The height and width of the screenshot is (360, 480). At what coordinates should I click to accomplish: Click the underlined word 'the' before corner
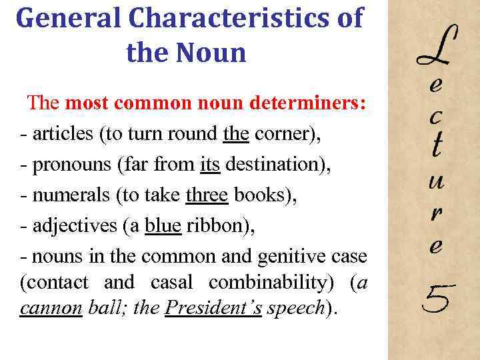coord(236,134)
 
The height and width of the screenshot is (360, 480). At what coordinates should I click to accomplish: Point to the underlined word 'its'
coord(210,164)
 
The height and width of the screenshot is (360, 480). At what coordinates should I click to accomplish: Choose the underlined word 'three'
coord(207,195)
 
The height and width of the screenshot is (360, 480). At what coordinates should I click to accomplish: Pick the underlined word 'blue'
coord(163,225)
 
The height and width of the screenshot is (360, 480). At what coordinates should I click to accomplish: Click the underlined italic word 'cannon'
coord(51,309)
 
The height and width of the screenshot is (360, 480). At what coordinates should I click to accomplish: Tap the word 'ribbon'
coord(213,225)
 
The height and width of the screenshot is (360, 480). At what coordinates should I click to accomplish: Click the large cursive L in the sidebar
coord(437,47)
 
